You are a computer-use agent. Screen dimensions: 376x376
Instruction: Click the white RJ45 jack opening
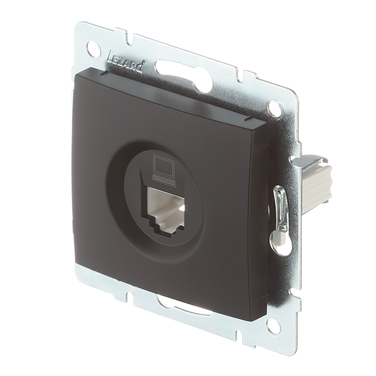point(166,209)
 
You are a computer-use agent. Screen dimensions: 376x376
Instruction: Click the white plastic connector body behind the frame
point(317,185)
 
